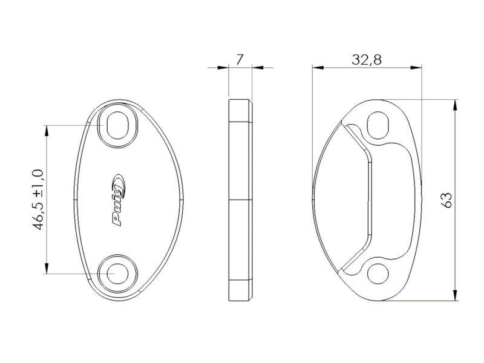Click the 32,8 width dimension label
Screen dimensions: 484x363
pos(367,59)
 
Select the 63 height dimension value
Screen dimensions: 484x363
pos(447,200)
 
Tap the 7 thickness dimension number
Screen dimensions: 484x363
pos(240,60)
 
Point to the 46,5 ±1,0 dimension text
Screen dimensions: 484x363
pos(39,200)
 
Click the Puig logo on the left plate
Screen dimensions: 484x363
pos(119,200)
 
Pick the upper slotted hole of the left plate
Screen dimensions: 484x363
pos(117,125)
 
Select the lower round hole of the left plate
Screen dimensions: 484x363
pos(117,273)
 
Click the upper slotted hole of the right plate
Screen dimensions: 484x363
pos(378,125)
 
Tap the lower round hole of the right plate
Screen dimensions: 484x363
pos(378,273)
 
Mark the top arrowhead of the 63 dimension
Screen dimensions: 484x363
pos(455,105)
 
